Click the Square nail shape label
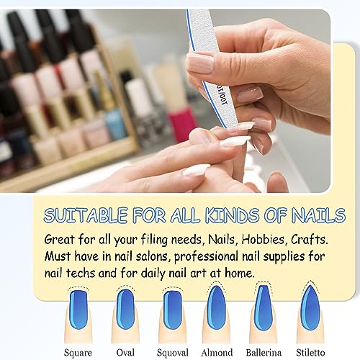(77, 353)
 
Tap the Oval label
(125, 353)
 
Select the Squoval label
(171, 353)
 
